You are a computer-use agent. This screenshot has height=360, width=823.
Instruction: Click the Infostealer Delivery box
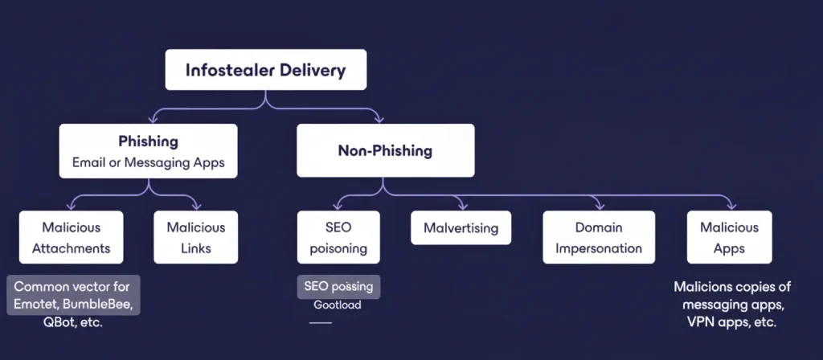266,70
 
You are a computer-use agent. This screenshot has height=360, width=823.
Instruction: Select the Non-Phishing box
384,150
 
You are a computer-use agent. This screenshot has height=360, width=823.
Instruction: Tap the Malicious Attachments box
71,238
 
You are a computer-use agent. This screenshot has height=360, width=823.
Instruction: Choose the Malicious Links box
196,238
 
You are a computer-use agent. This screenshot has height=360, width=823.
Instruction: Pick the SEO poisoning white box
338,238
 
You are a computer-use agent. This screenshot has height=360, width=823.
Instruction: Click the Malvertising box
461,228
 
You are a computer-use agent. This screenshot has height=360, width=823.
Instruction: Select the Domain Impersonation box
599,238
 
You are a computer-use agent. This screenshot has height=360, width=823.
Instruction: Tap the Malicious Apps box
729,238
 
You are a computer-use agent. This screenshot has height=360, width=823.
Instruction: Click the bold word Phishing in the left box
148,141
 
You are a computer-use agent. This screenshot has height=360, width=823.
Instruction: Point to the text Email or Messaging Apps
148,163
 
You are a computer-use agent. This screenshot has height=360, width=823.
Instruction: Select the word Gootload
338,305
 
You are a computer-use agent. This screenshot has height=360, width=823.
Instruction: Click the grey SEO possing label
338,286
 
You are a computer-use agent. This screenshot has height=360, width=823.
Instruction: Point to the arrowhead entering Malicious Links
196,206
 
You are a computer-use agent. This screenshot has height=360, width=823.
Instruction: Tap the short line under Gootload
321,323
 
